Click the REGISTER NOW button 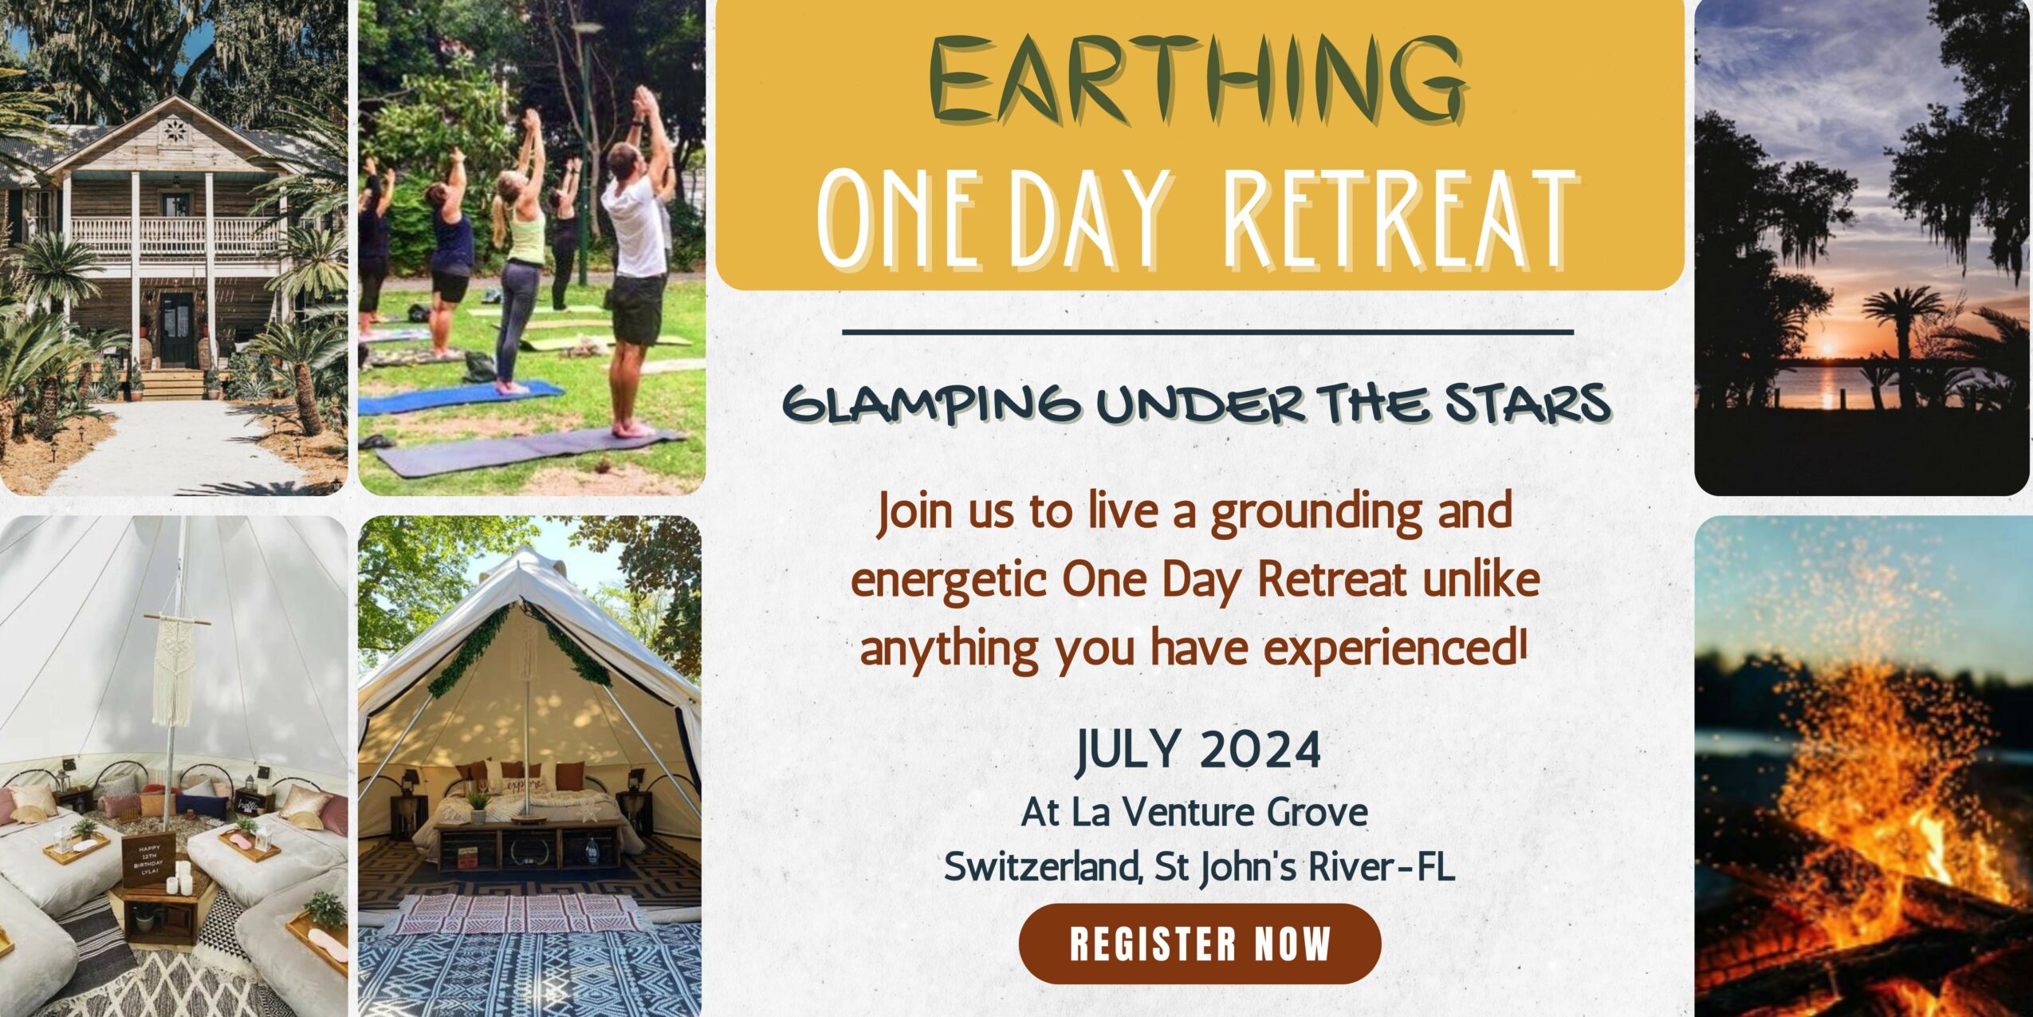[1199, 944]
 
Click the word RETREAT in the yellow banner [1400, 219]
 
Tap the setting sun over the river [1827, 349]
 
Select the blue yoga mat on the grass [462, 397]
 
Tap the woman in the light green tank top [518, 255]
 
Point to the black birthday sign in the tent [149, 861]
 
